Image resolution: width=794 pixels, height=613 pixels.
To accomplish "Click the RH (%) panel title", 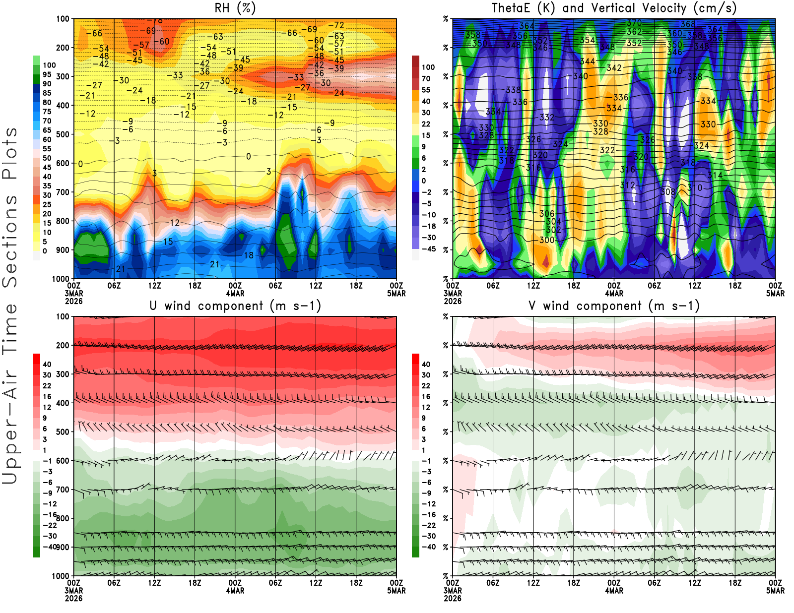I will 235,8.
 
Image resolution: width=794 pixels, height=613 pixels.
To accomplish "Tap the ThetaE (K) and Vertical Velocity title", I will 614,8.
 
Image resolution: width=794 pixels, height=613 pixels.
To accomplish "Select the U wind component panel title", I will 235,306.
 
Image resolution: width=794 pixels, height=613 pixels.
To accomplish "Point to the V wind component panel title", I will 614,306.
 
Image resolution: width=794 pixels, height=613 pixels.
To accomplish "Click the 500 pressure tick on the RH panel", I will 63,134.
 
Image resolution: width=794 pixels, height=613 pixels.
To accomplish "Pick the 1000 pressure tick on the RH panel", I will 61,279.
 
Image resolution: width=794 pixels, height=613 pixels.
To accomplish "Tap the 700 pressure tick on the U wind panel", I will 63,490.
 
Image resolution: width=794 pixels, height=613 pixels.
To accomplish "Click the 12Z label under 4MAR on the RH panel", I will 316,286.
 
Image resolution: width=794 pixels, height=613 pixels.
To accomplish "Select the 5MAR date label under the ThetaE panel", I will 775,294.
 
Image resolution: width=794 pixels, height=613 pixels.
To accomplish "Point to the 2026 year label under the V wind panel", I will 453,598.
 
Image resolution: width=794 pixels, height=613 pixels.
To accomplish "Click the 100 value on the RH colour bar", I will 49,65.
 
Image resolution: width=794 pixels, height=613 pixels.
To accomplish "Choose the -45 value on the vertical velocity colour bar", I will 428,249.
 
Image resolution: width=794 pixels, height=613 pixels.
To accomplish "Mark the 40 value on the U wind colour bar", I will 47,364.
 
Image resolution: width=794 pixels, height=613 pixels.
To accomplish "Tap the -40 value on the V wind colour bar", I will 428,547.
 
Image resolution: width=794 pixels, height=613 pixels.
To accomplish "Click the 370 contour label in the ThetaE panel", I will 634,23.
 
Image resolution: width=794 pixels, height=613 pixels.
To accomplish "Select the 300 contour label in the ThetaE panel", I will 547,240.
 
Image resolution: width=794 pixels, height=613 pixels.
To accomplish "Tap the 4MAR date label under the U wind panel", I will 235,591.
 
